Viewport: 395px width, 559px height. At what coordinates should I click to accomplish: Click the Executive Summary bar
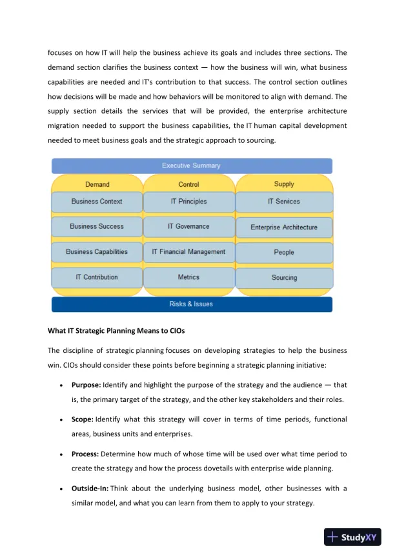191,166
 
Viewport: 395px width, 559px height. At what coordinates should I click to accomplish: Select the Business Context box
97,202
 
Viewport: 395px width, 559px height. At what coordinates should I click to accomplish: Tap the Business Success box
97,227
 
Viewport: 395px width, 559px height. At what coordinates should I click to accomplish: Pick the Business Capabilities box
97,252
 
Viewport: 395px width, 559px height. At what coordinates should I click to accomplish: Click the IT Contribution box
97,277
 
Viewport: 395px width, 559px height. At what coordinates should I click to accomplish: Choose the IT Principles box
188,202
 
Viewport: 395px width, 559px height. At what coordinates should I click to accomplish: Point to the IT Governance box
188,227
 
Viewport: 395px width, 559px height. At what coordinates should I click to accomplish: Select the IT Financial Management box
188,252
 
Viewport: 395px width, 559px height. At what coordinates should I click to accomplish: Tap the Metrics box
188,277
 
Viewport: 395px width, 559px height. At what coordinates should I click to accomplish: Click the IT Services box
284,202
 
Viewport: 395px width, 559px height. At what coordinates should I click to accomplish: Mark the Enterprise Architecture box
284,227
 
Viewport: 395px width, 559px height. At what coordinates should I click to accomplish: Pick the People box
284,253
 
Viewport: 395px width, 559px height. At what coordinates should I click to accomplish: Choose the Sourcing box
284,278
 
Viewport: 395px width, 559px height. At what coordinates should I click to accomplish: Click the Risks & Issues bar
191,304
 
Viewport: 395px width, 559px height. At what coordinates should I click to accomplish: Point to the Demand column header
97,184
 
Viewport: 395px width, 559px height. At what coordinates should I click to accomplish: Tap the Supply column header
284,184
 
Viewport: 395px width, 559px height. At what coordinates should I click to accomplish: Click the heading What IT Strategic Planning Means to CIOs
116,331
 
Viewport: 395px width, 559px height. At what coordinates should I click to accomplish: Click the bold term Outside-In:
90,488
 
